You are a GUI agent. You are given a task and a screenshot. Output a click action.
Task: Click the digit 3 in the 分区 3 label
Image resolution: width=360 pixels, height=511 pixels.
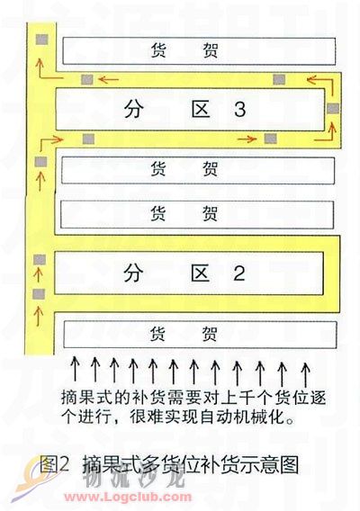coord(240,109)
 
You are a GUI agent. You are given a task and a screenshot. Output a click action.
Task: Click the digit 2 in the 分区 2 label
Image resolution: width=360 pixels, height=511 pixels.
coord(239,273)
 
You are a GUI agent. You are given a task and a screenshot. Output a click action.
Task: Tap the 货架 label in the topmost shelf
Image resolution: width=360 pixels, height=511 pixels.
coord(184,50)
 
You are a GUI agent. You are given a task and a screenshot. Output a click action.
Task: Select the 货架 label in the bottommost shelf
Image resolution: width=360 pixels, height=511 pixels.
coord(184,334)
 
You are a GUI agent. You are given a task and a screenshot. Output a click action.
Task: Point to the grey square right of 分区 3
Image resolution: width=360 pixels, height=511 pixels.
coord(333,108)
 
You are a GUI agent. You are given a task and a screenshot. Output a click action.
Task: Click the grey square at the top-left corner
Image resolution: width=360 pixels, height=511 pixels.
coord(42,40)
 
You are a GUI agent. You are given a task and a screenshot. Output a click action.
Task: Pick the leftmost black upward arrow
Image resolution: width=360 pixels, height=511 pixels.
coord(76,369)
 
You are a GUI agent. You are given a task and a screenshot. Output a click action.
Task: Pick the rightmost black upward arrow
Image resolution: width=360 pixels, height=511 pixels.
coord(305,373)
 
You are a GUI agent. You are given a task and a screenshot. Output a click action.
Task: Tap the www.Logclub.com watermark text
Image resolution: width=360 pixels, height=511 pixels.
coord(128,498)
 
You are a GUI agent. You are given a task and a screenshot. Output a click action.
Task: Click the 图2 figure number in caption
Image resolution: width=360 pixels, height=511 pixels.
coord(54,463)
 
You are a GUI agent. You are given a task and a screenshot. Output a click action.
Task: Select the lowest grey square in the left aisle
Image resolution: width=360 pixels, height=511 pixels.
coord(39,294)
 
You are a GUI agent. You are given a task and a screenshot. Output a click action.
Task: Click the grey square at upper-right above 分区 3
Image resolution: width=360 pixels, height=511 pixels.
coord(279,79)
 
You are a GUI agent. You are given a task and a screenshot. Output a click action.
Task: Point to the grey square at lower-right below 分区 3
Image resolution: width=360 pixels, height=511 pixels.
coord(270,139)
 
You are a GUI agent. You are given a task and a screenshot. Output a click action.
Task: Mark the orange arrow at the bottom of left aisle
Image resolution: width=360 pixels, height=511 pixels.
coord(39,315)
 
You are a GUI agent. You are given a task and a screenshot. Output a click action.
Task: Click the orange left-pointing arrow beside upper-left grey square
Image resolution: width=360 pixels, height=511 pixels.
coord(108,79)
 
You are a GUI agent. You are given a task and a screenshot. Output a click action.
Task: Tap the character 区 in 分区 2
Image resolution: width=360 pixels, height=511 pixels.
coord(200,273)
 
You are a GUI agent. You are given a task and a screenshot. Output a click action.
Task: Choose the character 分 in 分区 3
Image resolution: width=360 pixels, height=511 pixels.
coord(133,109)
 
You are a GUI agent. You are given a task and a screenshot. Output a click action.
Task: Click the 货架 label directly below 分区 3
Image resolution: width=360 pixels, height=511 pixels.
coord(184,169)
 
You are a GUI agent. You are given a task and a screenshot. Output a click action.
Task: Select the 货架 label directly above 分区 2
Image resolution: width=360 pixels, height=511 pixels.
coord(184,213)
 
